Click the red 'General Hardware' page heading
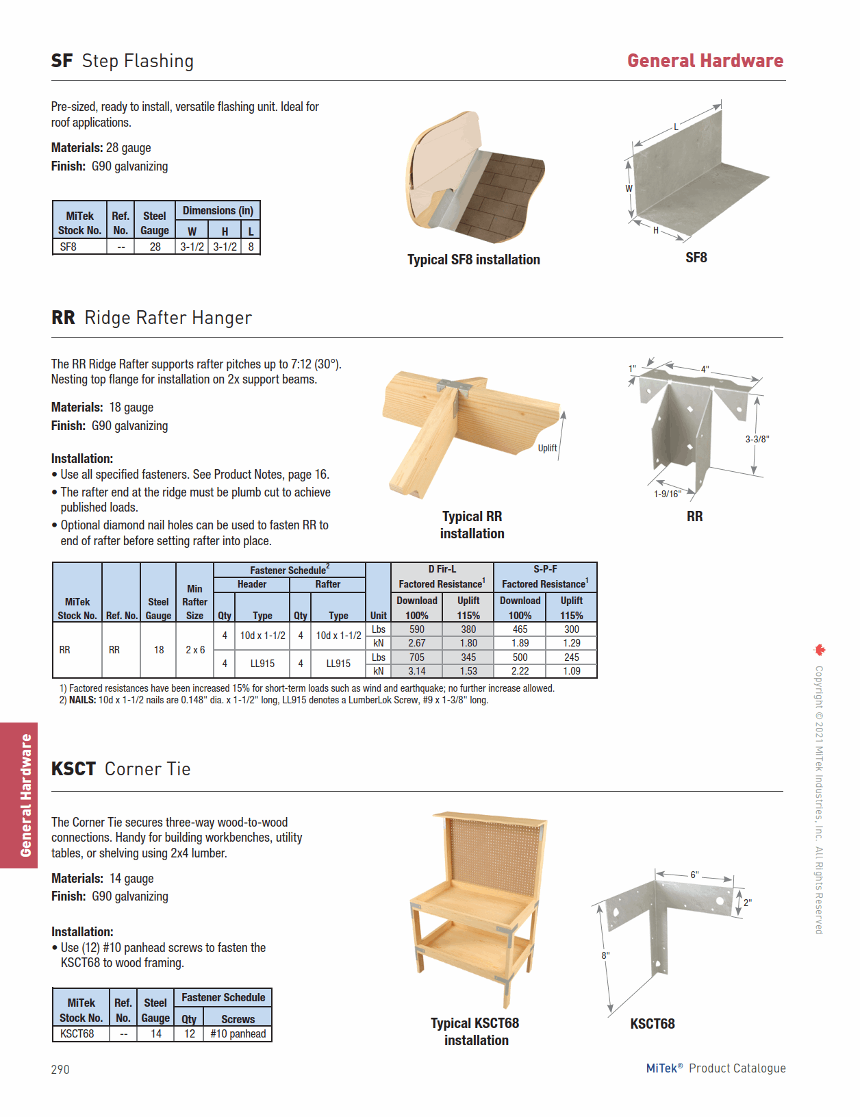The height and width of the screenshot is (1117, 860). click(x=705, y=61)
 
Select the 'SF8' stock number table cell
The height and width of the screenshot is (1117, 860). click(x=68, y=247)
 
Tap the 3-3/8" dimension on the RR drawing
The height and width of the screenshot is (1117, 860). click(x=757, y=439)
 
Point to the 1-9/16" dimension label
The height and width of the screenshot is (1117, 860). click(x=667, y=494)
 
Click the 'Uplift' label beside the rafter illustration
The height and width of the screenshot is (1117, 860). click(x=547, y=448)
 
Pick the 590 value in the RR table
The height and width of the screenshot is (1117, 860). click(x=416, y=629)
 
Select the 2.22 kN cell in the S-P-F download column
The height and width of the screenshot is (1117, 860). click(x=520, y=671)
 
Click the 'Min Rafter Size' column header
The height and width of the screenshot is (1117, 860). click(x=194, y=601)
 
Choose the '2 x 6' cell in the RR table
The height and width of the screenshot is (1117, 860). click(x=195, y=650)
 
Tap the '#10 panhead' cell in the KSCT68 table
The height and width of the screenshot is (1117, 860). click(x=238, y=1033)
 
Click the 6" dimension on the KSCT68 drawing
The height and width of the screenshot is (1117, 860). click(x=694, y=875)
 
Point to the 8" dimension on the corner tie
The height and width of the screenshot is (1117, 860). click(x=605, y=955)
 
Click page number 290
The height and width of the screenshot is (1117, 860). click(x=60, y=1069)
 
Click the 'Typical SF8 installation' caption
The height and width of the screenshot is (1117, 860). click(x=473, y=260)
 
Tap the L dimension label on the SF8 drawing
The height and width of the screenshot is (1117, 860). click(x=676, y=127)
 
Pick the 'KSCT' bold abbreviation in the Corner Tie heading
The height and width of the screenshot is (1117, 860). click(x=73, y=769)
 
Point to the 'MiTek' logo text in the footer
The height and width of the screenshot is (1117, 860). click(x=661, y=1068)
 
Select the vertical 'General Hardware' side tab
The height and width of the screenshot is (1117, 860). click(x=25, y=795)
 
